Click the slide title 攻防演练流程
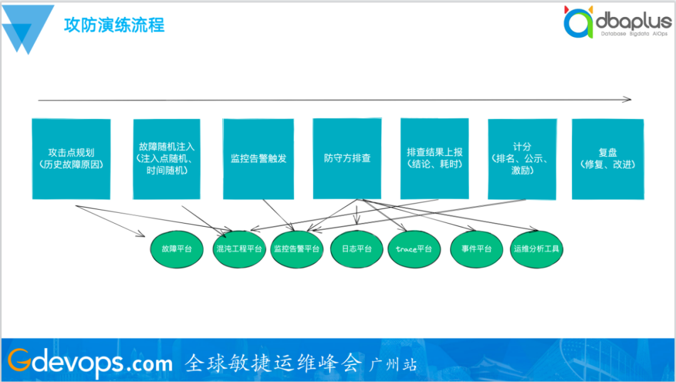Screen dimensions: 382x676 point(114,26)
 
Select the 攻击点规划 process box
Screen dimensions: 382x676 point(71,159)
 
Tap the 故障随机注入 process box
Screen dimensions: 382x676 point(166,159)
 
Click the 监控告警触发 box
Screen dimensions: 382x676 point(258,159)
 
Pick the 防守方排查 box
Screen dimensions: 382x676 point(347,159)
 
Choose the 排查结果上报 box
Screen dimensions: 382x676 point(434,159)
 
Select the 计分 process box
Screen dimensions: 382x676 point(521,159)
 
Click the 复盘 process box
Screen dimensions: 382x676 point(607,159)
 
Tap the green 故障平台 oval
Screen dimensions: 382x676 point(177,249)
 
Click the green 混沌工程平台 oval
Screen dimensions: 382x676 point(238,249)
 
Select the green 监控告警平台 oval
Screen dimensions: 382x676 point(297,249)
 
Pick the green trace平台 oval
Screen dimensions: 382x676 point(414,249)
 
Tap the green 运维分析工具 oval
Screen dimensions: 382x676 point(536,249)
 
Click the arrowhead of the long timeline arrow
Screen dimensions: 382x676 point(628,99)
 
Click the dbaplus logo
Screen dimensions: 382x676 point(616,23)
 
